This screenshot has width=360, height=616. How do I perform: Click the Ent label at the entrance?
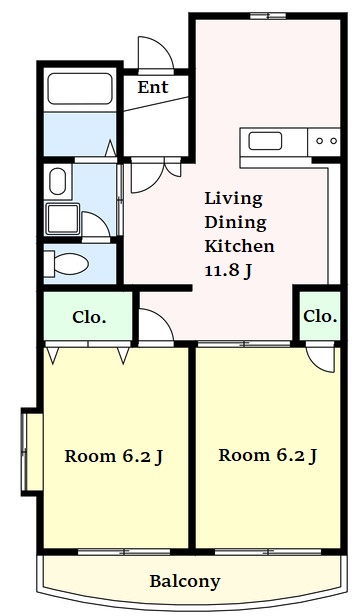(x=153, y=87)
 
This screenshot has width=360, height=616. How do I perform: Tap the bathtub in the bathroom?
(x=80, y=89)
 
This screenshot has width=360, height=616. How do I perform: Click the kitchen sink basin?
(x=265, y=141)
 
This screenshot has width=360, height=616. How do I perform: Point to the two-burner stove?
(x=324, y=141)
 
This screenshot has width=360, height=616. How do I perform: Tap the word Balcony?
(x=185, y=581)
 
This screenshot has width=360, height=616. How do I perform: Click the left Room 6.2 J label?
(x=114, y=456)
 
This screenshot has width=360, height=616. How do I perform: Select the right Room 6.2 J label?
(x=268, y=456)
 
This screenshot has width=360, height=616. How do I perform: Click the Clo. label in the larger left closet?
(x=89, y=317)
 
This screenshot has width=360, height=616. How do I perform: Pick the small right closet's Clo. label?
(x=320, y=315)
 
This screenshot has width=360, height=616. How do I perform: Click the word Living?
(x=233, y=199)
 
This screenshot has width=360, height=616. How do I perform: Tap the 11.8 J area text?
(x=228, y=271)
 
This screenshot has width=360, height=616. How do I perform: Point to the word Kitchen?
(x=239, y=246)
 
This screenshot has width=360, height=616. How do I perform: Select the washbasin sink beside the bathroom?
(x=58, y=182)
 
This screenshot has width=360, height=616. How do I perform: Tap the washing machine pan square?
(x=63, y=218)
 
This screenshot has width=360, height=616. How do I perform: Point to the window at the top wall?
(x=268, y=16)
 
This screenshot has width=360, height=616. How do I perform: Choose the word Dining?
(x=235, y=223)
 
